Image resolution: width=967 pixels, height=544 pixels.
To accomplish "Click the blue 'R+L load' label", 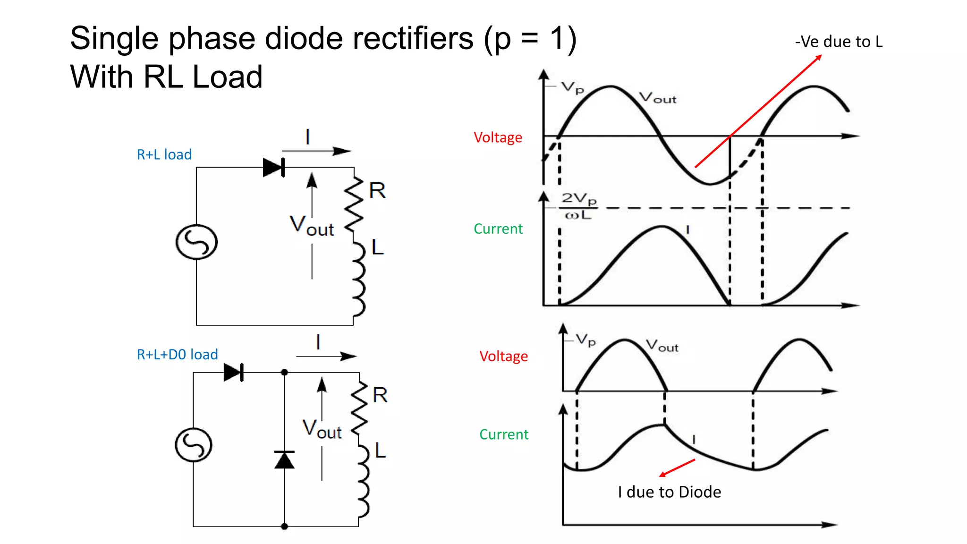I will pyautogui.click(x=164, y=154).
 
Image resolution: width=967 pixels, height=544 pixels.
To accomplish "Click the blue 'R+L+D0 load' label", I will pyautogui.click(x=177, y=354).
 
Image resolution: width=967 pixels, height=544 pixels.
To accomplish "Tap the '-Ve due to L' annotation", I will pyautogui.click(x=839, y=42).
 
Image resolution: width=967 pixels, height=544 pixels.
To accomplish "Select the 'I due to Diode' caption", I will pyautogui.click(x=669, y=492).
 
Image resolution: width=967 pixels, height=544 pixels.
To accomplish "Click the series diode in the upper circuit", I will pyautogui.click(x=274, y=167).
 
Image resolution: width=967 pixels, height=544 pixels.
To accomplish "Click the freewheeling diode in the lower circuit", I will pyautogui.click(x=284, y=459).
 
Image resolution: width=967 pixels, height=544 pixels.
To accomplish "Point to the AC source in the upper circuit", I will pyautogui.click(x=196, y=242).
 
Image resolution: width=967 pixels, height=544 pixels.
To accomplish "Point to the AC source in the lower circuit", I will pyautogui.click(x=194, y=445).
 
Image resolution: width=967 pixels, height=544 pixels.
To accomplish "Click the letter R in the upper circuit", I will pyautogui.click(x=377, y=191).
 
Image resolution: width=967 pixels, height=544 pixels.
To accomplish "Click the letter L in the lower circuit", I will pyautogui.click(x=380, y=450).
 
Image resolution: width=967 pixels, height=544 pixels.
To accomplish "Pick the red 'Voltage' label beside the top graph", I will pyautogui.click(x=498, y=137).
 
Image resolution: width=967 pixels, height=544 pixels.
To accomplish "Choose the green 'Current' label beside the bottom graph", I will pyautogui.click(x=504, y=434).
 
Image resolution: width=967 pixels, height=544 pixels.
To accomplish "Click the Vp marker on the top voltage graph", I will pyautogui.click(x=572, y=87).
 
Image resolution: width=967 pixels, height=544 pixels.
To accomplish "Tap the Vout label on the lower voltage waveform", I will pyautogui.click(x=662, y=346).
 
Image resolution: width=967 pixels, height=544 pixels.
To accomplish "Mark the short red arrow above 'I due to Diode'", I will pyautogui.click(x=677, y=467).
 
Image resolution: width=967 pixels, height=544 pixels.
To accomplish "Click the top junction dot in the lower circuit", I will pyautogui.click(x=284, y=373).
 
